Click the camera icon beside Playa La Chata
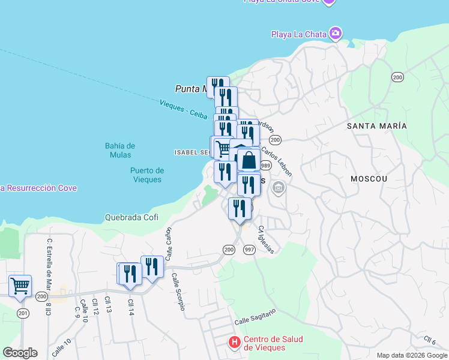pos(336,33)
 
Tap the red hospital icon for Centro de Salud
pos(235,343)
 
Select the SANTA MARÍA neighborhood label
pos(376,126)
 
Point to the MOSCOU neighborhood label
pos(369,179)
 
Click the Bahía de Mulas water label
pos(120,150)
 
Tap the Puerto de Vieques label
pos(146,175)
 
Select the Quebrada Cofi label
pos(131,217)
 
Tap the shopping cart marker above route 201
pos(20,286)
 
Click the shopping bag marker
pos(249,161)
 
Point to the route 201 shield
pos(23,313)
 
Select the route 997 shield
pos(249,249)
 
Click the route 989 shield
pos(265,166)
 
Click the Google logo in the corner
pos(20,353)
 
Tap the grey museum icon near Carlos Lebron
pos(278,189)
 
